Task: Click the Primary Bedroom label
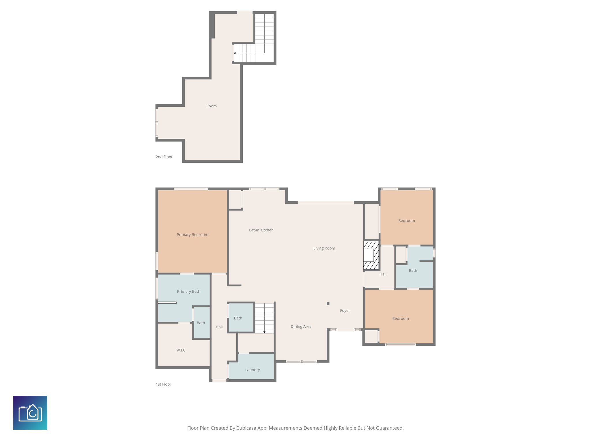coord(192,235)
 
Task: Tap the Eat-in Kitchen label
coord(261,230)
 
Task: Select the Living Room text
coord(324,248)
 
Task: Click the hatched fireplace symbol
coord(371,255)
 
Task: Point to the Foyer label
coord(345,311)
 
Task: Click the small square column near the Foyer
coord(328,304)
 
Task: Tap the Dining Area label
coord(301,326)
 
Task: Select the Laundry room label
coord(253,370)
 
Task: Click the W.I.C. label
coord(181,350)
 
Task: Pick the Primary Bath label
coord(188,292)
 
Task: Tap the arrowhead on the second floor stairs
coord(235,53)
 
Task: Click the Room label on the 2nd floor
coord(211,106)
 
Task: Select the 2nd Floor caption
coord(164,157)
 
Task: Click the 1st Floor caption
coord(163,384)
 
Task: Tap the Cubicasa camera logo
coord(30,413)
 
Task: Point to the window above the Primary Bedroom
coord(191,189)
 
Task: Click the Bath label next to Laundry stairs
coord(238,318)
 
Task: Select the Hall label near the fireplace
coord(383,274)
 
